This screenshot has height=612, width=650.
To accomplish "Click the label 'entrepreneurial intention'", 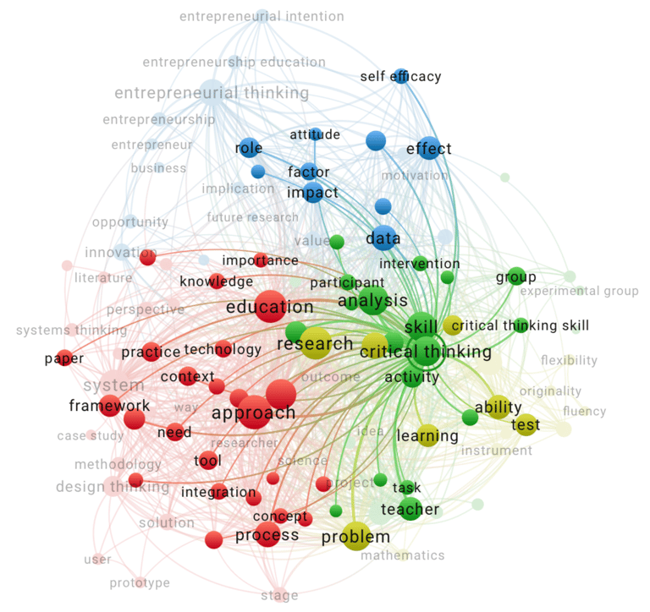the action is (262, 16).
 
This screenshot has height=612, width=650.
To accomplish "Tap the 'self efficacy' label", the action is (400, 76).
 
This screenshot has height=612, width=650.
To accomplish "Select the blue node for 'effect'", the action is (429, 147).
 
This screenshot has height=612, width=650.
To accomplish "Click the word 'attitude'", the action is (314, 134).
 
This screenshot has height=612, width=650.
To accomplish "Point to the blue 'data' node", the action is (383, 239).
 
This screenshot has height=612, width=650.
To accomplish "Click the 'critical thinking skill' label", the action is (520, 325).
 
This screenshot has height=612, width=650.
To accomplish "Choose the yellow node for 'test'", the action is (526, 424).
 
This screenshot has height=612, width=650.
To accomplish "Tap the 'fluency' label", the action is (585, 412).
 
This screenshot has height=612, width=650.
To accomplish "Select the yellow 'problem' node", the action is (356, 536).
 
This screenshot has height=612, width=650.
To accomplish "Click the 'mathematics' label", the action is (402, 555).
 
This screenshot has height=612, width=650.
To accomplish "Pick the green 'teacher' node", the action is (410, 509).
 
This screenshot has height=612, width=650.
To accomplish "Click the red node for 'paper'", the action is (64, 358).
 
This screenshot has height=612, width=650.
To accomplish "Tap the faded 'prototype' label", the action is (139, 582).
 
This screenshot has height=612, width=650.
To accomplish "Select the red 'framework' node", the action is (110, 406).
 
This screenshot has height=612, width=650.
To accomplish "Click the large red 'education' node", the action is (270, 307).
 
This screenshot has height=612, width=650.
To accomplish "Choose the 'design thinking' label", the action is (112, 487).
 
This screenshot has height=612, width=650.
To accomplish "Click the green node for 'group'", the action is (516, 276).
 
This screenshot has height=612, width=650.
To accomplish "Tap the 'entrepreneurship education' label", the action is (234, 62).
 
